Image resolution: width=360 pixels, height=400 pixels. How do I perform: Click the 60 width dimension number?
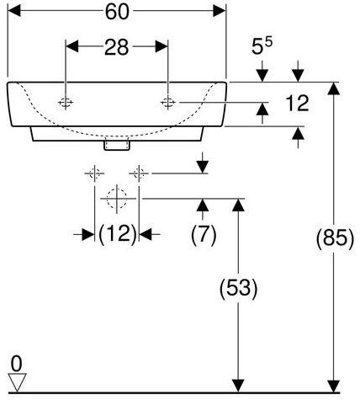click(x=117, y=12)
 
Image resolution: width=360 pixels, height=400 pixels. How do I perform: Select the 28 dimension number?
click(x=116, y=47)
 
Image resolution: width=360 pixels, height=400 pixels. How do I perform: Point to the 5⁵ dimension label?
click(x=262, y=45)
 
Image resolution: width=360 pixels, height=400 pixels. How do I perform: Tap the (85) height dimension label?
click(x=335, y=238)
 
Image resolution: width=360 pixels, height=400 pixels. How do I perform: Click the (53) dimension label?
click(x=238, y=288)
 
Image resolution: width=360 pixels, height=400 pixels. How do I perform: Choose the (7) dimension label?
click(x=204, y=234)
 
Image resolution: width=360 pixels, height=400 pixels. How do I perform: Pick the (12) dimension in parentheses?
click(x=117, y=234)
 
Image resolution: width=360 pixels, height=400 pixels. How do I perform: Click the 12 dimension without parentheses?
click(x=297, y=103)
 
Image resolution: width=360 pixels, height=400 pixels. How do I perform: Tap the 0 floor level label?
click(x=16, y=364)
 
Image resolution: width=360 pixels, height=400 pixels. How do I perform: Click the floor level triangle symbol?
click(x=17, y=382)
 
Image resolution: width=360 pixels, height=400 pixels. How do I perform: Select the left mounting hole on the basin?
click(x=66, y=103)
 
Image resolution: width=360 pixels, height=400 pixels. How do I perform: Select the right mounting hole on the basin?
click(x=168, y=103)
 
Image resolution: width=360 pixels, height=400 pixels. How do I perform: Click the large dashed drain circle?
click(x=117, y=199)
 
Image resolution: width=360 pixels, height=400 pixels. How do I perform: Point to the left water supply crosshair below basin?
click(x=94, y=173)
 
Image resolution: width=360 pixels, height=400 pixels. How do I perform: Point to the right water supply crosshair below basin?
click(x=139, y=173)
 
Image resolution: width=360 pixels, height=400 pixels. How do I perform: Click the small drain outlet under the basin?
click(x=117, y=145)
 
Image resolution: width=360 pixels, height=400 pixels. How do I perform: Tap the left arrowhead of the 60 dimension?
click(x=14, y=11)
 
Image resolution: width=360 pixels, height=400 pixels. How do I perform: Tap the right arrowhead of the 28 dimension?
click(x=161, y=46)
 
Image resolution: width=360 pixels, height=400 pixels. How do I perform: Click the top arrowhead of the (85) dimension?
click(x=333, y=88)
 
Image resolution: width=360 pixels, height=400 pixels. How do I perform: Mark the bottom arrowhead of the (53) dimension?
click(x=238, y=386)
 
